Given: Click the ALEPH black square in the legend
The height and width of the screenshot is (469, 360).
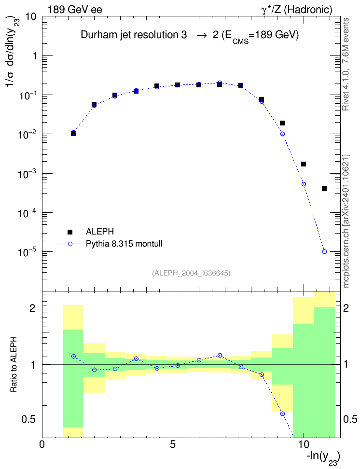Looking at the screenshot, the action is click(x=70, y=232).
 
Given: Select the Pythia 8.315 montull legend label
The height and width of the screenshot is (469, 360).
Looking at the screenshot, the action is click(x=124, y=244).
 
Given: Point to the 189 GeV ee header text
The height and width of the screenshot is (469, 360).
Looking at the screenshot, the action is click(x=75, y=10).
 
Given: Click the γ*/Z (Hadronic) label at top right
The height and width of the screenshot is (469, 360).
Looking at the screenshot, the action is click(x=297, y=10).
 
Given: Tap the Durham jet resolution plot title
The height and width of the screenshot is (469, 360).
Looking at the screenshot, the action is click(x=190, y=36).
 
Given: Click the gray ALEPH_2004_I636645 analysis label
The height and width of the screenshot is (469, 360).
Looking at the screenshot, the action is click(x=191, y=273).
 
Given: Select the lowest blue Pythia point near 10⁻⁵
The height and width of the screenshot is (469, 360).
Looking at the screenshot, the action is click(x=324, y=252).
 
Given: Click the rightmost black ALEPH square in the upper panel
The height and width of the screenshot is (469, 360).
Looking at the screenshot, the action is click(x=324, y=189).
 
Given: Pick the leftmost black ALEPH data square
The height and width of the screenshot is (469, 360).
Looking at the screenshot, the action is click(x=73, y=133).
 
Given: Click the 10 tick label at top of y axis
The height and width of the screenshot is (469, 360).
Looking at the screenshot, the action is click(x=31, y=16).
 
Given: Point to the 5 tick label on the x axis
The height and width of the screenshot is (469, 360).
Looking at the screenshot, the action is click(x=173, y=444).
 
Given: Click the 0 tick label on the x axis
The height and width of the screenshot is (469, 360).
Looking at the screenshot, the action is click(x=42, y=444).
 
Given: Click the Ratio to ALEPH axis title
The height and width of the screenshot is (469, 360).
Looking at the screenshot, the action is click(x=14, y=365).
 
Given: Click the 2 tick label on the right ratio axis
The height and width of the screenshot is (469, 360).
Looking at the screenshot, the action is click(x=346, y=308).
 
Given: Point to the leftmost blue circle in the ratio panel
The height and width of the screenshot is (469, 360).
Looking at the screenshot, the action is click(x=73, y=356).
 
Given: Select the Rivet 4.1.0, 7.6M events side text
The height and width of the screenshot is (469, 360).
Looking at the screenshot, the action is click(x=346, y=64).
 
